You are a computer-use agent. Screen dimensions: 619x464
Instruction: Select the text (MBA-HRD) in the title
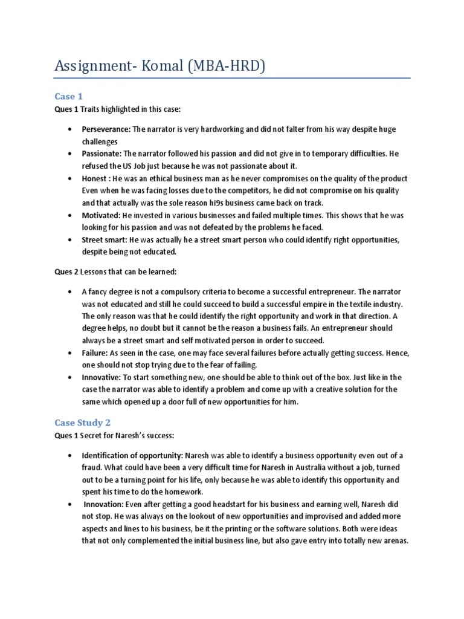(229, 65)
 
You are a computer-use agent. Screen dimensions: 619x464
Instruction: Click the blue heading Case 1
(68, 96)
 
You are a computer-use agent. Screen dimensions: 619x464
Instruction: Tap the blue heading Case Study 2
(83, 423)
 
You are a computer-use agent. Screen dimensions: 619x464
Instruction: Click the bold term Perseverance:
(106, 129)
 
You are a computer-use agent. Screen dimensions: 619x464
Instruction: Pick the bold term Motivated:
(101, 215)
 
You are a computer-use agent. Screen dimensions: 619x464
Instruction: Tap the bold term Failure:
(95, 352)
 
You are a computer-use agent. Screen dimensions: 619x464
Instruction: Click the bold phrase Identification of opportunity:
(132, 455)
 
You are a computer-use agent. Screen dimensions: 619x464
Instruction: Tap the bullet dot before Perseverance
(71, 130)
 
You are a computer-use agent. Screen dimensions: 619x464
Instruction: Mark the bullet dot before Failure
(71, 353)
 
